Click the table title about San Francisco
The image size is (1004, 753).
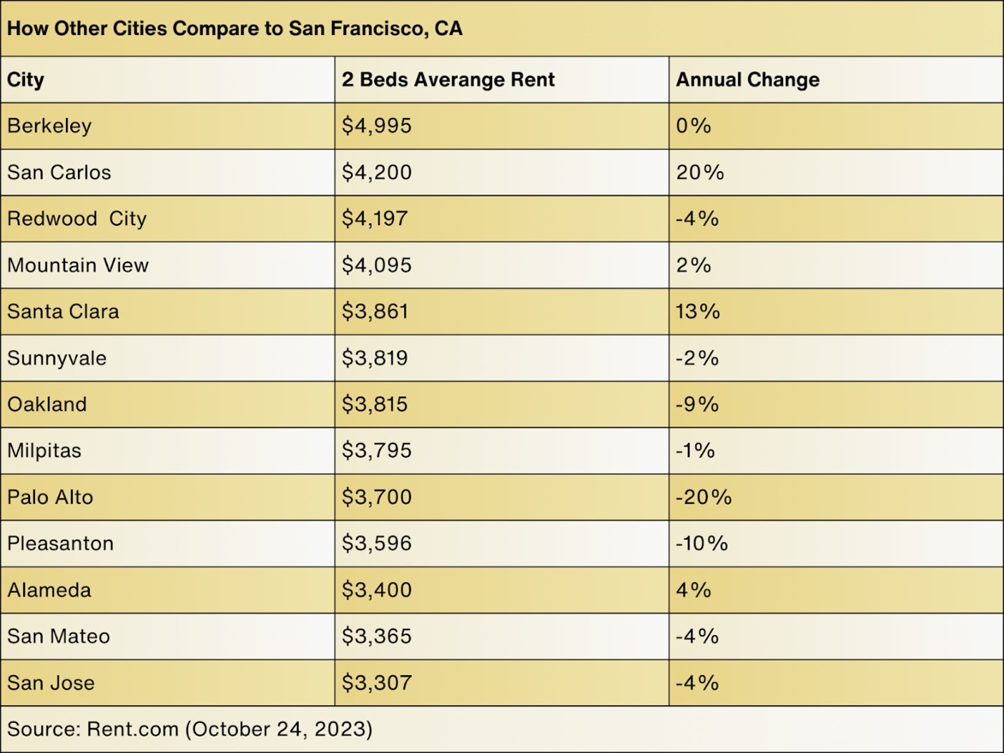tap(235, 29)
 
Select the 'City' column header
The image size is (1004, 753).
tap(26, 80)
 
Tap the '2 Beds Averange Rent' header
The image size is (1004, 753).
tap(448, 80)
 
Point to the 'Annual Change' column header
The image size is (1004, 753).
tap(747, 80)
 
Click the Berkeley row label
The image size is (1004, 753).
tap(49, 126)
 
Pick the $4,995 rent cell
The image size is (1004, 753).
tap(376, 126)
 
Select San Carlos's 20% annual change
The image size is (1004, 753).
tap(699, 173)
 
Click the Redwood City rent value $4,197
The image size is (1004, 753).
tap(374, 219)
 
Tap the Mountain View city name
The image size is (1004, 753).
tap(78, 265)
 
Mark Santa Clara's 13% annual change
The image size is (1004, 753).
tap(698, 312)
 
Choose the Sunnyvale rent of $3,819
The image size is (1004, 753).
tap(374, 358)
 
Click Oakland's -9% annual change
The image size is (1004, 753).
tap(697, 404)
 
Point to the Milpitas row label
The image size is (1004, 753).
tap(44, 451)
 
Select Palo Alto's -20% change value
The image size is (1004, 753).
tap(704, 498)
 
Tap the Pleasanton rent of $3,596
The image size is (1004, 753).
tap(376, 544)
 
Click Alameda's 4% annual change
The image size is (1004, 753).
tap(694, 590)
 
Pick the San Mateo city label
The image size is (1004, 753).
tap(58, 637)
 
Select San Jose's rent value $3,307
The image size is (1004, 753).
tap(376, 683)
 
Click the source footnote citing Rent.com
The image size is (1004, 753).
tap(190, 729)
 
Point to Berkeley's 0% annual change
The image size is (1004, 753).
tap(694, 126)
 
